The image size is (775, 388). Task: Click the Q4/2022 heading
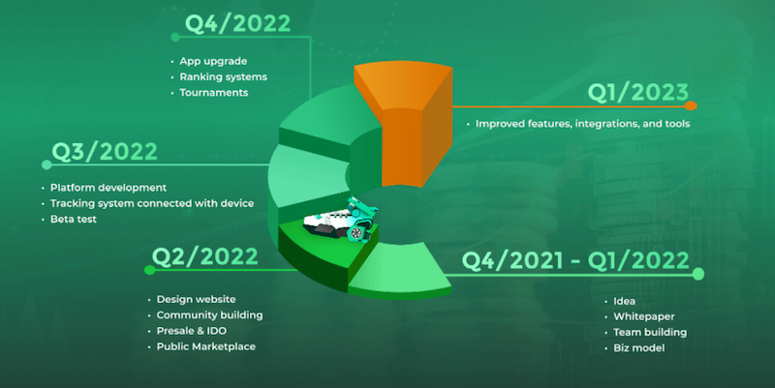(x=237, y=24)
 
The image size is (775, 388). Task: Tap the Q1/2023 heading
(x=638, y=92)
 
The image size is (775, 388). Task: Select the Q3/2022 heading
(x=105, y=152)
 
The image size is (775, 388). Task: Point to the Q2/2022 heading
(x=204, y=256)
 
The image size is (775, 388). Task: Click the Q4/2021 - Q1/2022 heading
(x=575, y=261)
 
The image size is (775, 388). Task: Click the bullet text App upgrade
(x=213, y=61)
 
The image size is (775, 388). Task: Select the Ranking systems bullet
(x=224, y=77)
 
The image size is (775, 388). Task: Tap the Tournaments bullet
(x=213, y=93)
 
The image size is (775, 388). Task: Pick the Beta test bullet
(x=74, y=220)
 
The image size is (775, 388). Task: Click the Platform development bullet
(x=108, y=188)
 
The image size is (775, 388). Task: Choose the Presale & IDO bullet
(x=191, y=331)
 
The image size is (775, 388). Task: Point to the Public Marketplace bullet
(x=206, y=346)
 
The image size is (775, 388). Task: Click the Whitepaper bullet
(x=643, y=316)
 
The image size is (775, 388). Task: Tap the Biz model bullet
(x=639, y=348)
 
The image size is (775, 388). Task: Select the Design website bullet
(x=196, y=299)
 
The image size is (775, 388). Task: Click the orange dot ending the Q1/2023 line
(x=691, y=105)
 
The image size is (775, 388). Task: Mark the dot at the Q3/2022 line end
(x=46, y=164)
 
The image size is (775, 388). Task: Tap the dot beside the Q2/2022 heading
(x=149, y=270)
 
